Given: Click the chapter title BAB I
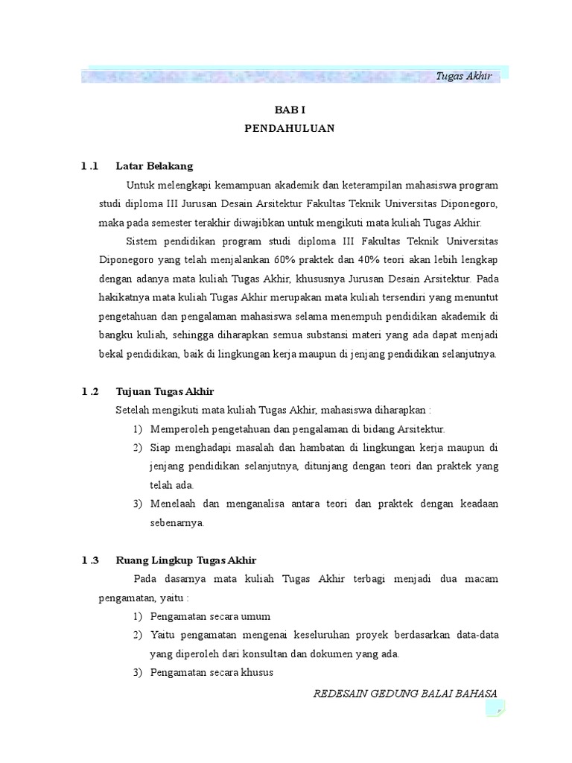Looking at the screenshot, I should tap(290, 109).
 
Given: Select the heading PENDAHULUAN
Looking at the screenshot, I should tap(290, 128).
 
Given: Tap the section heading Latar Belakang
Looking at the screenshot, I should tap(154, 165).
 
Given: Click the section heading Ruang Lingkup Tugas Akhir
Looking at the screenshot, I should tap(186, 560).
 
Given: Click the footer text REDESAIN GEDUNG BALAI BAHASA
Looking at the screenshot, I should tap(405, 693).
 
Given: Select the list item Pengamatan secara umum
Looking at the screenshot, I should tap(210, 617).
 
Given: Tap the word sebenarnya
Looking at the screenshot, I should tap(177, 523).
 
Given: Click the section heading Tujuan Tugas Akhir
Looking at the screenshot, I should tap(165, 390).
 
